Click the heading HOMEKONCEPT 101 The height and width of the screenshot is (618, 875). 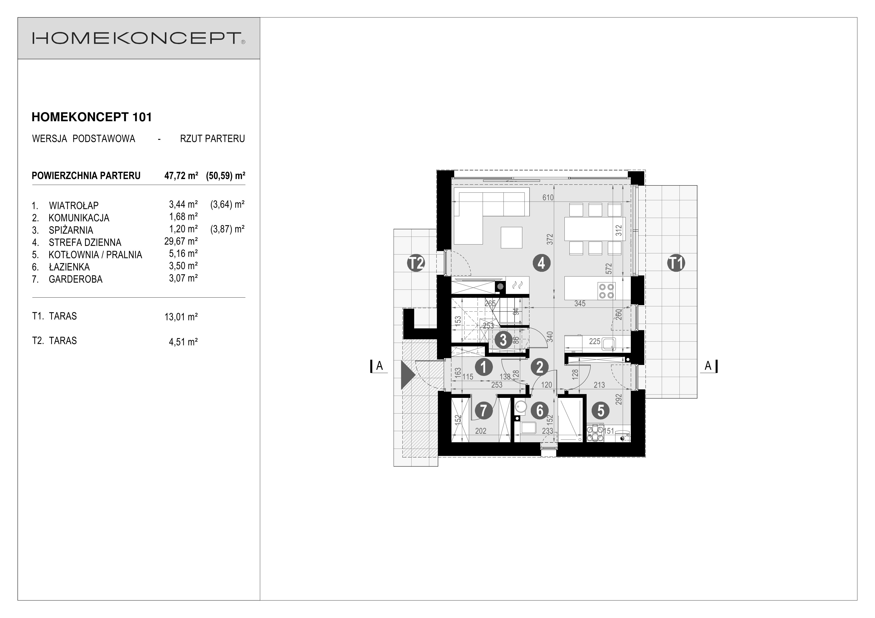click(x=92, y=117)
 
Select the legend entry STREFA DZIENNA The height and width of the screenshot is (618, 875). click(x=85, y=243)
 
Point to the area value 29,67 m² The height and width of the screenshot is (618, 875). click(x=181, y=241)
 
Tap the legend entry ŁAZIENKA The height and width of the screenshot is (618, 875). click(x=69, y=267)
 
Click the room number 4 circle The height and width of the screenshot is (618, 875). click(x=542, y=263)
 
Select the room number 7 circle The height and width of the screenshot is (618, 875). click(x=483, y=411)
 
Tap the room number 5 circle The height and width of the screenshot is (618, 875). click(x=601, y=411)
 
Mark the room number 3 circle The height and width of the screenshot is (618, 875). click(x=503, y=340)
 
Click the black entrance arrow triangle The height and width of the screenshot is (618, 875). click(x=407, y=375)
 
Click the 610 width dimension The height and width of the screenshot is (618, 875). click(x=548, y=198)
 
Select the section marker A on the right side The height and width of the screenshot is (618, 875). click(x=708, y=366)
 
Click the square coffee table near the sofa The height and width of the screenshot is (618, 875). click(x=511, y=237)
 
